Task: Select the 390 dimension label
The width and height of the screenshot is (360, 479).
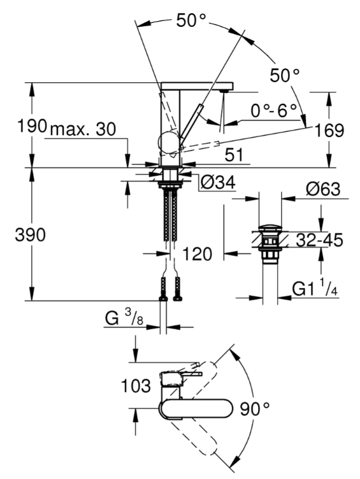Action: pyautogui.click(x=30, y=235)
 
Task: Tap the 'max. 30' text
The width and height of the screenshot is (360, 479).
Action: pyautogui.click(x=83, y=129)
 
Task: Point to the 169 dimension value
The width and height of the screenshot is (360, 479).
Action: pyautogui.click(x=329, y=131)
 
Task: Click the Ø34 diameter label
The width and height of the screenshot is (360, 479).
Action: pyautogui.click(x=218, y=183)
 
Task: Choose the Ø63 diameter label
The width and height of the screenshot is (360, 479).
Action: pyautogui.click(x=323, y=189)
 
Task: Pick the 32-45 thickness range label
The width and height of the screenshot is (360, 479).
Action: pyautogui.click(x=319, y=240)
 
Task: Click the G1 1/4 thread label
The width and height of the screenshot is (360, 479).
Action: pyautogui.click(x=315, y=287)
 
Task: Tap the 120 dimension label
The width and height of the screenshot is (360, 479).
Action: pyautogui.click(x=197, y=254)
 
